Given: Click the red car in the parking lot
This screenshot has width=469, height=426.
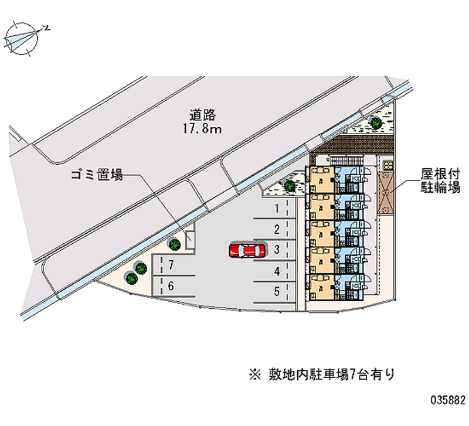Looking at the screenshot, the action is coord(247,251).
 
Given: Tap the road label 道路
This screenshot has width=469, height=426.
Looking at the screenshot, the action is coord(202,115).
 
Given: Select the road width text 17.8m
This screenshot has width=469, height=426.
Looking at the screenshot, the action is coord(202,129).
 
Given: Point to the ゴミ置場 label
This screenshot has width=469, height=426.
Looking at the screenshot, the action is coord(97,175).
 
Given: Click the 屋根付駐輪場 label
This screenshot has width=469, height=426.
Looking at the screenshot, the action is coord(440,180).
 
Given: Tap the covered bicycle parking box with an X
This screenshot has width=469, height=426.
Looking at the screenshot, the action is coord(386,193).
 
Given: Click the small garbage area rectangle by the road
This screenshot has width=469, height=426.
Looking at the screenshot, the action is coord(190,240).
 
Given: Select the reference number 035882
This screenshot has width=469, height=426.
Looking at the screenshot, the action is coord(448,400).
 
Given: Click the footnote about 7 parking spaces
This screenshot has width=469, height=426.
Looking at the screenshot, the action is coord(322,374).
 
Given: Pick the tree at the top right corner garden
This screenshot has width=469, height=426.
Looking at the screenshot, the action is coord(376,122).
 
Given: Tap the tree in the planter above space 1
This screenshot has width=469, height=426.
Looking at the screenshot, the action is coord(290,186).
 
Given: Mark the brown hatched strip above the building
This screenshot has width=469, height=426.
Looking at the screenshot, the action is coord(355,145).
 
